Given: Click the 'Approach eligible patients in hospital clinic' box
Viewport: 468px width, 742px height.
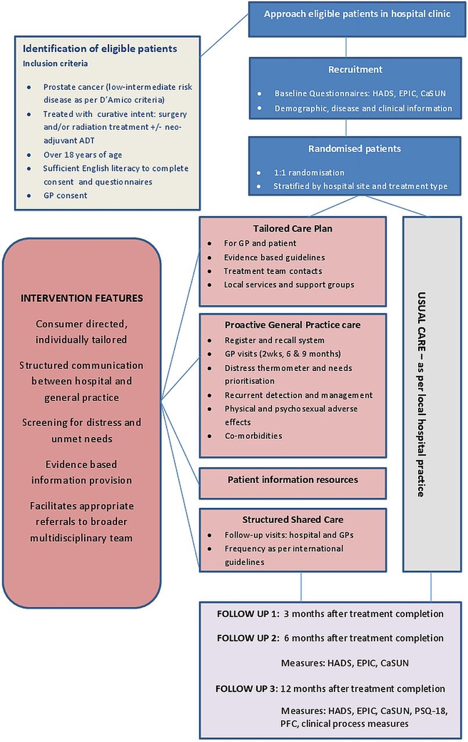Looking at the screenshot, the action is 357,19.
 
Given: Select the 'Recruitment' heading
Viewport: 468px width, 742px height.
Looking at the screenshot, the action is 355,69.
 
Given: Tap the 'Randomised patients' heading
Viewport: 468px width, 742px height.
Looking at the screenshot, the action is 354,148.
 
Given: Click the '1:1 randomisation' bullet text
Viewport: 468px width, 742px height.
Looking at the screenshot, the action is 309,173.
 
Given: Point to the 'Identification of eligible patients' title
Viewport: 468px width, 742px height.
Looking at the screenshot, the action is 100,48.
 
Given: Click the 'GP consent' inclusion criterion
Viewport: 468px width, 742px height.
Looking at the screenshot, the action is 66,195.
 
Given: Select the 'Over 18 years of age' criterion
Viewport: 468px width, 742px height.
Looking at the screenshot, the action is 83,155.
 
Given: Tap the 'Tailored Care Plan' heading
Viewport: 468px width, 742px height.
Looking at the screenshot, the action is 293,228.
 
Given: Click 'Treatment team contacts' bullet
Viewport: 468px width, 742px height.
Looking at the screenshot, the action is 273,271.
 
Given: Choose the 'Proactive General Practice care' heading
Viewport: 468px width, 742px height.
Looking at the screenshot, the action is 292,325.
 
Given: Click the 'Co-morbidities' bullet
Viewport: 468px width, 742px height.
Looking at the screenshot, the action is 253,435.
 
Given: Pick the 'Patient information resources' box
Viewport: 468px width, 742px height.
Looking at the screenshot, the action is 293,483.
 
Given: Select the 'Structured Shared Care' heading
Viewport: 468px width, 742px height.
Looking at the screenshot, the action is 293,519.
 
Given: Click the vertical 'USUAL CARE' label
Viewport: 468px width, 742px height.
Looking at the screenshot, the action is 421,394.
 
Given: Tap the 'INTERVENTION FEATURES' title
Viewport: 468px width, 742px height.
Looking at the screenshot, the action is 82,298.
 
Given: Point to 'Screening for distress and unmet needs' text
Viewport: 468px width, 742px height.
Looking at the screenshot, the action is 82,431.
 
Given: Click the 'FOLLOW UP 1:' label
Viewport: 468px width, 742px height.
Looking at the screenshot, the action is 248,614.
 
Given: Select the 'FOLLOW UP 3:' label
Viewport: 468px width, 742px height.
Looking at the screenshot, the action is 247,689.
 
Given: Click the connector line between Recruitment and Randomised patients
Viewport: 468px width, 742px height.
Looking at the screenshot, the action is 346,128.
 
